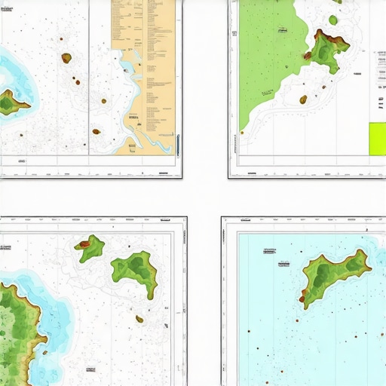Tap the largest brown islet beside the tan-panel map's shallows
point(66,57)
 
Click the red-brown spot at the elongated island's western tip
point(302,299)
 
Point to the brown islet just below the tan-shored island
point(139,319)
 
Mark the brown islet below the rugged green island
point(303,99)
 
